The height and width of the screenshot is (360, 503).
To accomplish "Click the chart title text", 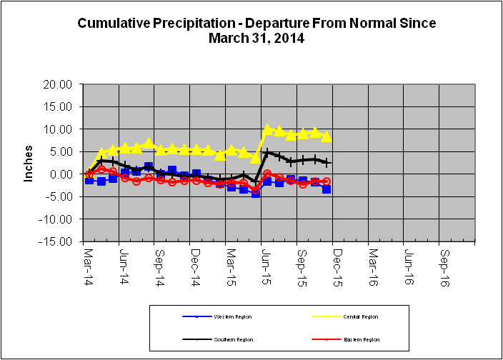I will [257, 31].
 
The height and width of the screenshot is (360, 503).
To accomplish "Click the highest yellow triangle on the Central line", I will [267, 130].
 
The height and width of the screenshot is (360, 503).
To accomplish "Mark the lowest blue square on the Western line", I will [256, 193].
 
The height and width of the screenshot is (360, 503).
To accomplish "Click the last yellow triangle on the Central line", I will [327, 136].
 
